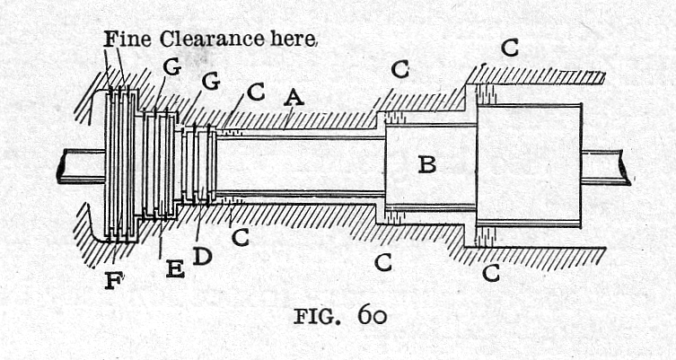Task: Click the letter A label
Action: point(293,97)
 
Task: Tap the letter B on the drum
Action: point(427,164)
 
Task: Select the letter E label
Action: point(175,268)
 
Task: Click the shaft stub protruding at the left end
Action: point(80,165)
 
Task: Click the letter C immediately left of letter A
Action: point(256,92)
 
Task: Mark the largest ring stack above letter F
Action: point(120,164)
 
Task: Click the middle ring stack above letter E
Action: point(158,164)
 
